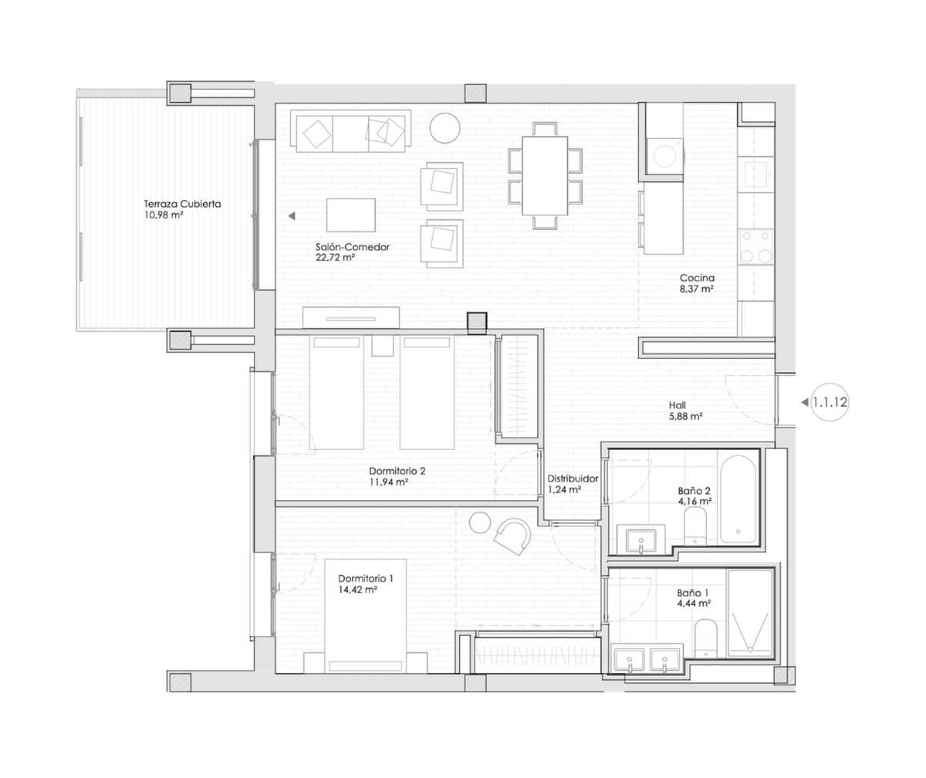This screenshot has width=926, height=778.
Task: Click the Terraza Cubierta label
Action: [x=182, y=205]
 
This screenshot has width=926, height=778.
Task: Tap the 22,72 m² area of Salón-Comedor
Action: [x=335, y=259]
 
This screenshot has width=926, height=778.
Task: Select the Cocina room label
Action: [x=697, y=278]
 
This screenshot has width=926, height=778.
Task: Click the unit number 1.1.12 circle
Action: [x=830, y=401]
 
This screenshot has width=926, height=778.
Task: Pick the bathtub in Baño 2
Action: [x=739, y=499]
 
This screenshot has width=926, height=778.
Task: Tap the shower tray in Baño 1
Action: [x=750, y=614]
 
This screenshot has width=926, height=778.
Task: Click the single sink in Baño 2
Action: [x=640, y=539]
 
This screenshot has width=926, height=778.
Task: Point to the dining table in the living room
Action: [x=545, y=175]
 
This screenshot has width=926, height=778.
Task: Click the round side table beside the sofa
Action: [x=444, y=127]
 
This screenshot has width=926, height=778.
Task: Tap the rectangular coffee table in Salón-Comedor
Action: [x=351, y=215]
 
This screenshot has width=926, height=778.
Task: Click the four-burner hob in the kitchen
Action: [x=755, y=246]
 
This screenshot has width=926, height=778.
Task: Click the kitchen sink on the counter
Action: [x=755, y=172]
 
